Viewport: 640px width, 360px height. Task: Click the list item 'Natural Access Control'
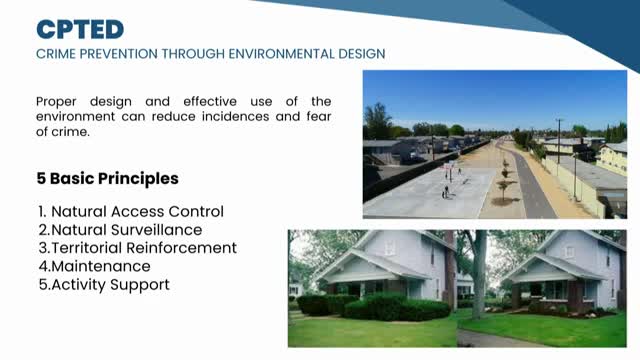coord(137,211)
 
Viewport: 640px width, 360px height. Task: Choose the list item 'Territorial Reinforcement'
coord(143,247)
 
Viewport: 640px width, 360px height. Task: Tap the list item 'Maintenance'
coord(100,266)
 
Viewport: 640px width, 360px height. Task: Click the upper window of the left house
coord(389,246)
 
